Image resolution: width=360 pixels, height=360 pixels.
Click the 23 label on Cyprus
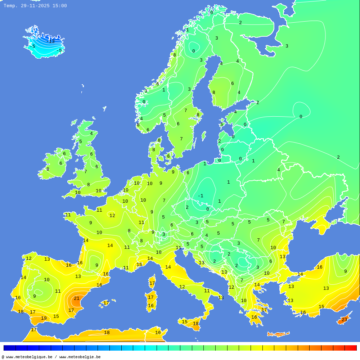pyautogui.click(x=345, y=320)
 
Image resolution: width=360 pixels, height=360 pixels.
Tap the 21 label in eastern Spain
pyautogui.click(x=77, y=298)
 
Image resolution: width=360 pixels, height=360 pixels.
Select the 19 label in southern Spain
pyautogui.click(x=44, y=318)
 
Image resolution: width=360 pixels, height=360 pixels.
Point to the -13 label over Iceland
pyautogui.click(x=51, y=41)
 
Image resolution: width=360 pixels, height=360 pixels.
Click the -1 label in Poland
pyautogui.click(x=201, y=196)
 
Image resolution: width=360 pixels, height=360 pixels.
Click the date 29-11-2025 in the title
pyautogui.click(x=35, y=6)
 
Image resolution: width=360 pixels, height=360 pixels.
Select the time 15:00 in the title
pyautogui.click(x=59, y=6)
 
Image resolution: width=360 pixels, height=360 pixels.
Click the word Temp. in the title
pyautogui.click(x=10, y=6)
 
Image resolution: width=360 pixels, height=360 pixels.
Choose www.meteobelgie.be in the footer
pyautogui.click(x=80, y=357)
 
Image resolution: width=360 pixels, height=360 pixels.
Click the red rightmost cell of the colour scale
pyautogui.click(x=351, y=348)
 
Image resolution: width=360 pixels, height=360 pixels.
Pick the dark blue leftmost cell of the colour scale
pyautogui.click(x=9, y=348)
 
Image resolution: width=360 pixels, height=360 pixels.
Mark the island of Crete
pyautogui.click(x=278, y=334)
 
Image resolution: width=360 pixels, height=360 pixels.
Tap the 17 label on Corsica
pyautogui.click(x=152, y=283)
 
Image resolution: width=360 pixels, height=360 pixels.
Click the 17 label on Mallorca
pyautogui.click(x=106, y=303)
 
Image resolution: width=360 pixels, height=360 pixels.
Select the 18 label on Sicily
pyautogui.click(x=195, y=324)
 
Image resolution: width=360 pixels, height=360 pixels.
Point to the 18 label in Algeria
pyautogui.click(x=107, y=333)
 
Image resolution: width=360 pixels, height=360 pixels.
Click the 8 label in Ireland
pyautogui.click(x=48, y=169)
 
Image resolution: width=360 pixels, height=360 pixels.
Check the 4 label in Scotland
pyautogui.click(x=91, y=134)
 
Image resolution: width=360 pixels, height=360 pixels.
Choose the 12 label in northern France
pyautogui.click(x=112, y=216)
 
